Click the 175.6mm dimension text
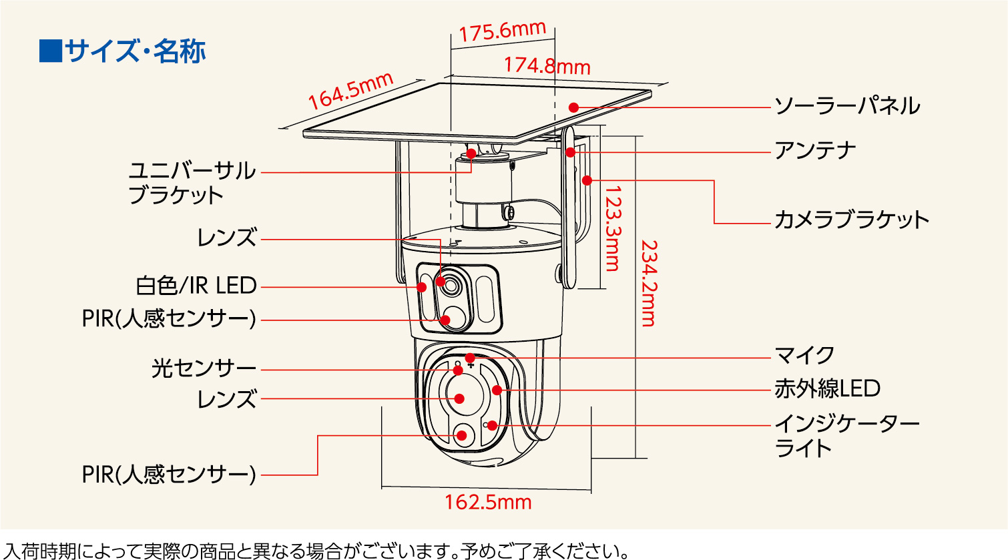502,31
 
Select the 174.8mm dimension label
547,65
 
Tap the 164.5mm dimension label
350,91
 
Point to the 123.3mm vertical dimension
611,228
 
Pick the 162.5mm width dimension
488,502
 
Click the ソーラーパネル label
846,106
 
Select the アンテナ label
814,151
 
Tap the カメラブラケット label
851,220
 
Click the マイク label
804,355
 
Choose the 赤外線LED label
827,388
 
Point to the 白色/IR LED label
196,286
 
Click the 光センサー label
204,368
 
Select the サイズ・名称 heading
136,51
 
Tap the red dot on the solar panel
573,107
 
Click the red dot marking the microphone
470,358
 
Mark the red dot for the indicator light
492,425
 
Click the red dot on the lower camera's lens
459,398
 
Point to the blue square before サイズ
50,51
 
